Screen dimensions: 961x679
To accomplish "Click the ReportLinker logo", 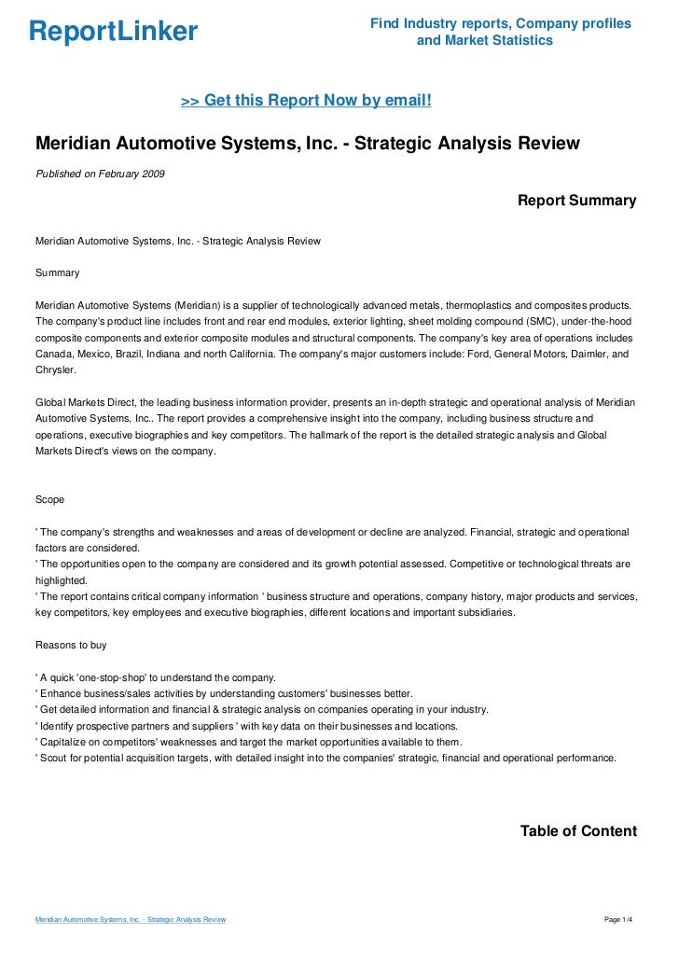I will pyautogui.click(x=113, y=32).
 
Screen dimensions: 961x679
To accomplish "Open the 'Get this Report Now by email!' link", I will pyautogui.click(x=306, y=100).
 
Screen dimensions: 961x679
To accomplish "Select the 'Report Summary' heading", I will pyautogui.click(x=576, y=201).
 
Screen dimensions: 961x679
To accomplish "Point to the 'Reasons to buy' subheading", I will pyautogui.click(x=71, y=644).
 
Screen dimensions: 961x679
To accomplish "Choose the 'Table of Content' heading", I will pyautogui.click(x=578, y=831).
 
